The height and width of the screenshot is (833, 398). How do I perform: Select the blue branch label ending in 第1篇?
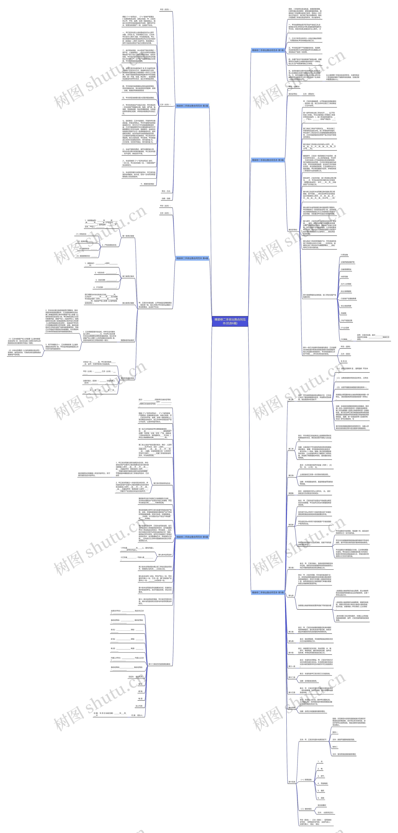click(268, 50)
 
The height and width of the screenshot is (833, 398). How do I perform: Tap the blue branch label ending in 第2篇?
click(192, 106)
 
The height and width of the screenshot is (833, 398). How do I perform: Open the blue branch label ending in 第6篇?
click(192, 537)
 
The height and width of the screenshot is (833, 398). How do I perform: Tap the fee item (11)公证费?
click(345, 328)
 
